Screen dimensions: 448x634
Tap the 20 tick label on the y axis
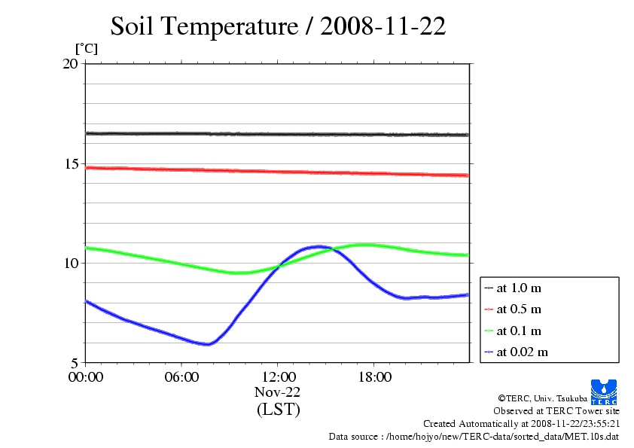[70, 64]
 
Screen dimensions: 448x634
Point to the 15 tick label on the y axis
[70, 163]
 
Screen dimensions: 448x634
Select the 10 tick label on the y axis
[70, 263]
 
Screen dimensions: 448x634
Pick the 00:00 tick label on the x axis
[85, 377]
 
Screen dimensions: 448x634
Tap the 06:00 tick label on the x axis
[181, 377]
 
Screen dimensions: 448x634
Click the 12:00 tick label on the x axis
[278, 377]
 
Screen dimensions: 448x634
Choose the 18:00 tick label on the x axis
[374, 377]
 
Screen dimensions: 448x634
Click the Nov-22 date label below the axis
[278, 392]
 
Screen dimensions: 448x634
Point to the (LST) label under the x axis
[278, 410]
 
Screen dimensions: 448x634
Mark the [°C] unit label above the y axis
[86, 49]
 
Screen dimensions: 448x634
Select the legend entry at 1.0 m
[520, 288]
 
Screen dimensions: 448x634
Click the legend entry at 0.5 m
[520, 309]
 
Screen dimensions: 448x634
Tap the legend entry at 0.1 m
[520, 331]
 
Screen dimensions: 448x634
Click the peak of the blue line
[319, 246]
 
